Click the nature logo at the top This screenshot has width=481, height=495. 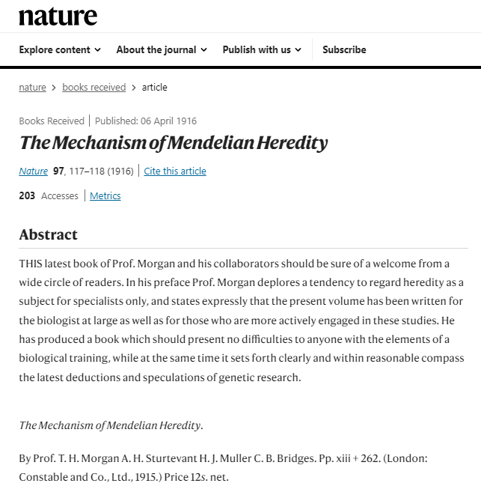click(x=58, y=16)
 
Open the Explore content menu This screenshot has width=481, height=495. click(x=60, y=50)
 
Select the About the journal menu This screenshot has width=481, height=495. click(x=156, y=50)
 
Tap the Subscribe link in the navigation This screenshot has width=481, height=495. click(x=344, y=50)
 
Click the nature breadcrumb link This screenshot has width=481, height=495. click(x=32, y=88)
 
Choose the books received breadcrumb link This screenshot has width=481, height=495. click(x=94, y=88)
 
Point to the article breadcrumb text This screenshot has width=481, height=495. click(x=155, y=88)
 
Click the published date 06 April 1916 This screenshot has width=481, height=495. click(x=167, y=121)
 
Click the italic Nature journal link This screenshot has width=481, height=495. click(x=33, y=171)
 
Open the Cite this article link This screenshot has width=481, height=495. click(x=175, y=171)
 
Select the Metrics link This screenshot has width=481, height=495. click(x=105, y=196)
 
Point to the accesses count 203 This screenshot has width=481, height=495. click(x=27, y=196)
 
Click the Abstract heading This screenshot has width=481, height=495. click(x=48, y=234)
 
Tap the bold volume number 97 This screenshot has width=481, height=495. click(x=59, y=171)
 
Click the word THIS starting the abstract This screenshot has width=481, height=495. click(x=32, y=264)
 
